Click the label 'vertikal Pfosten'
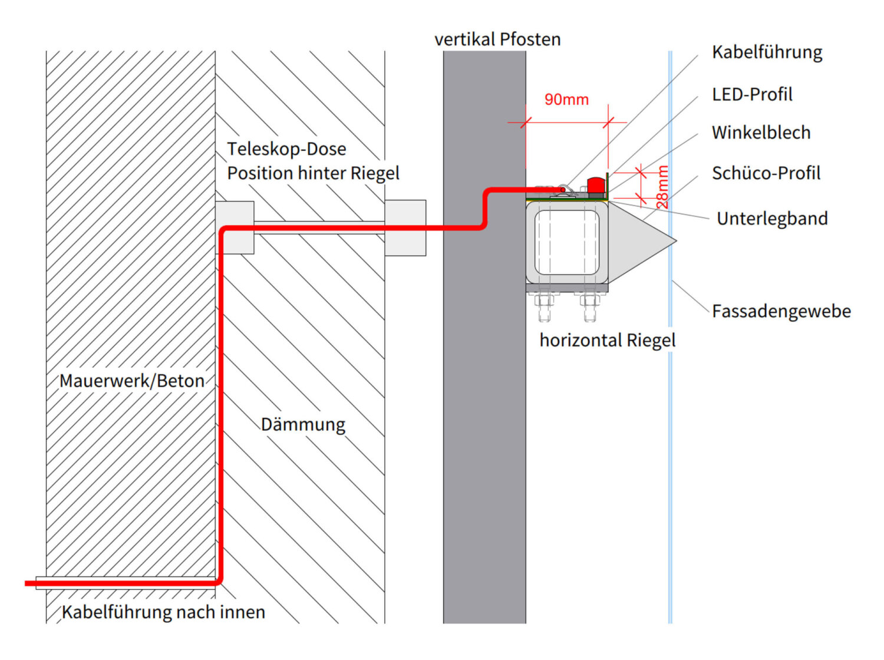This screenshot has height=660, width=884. coord(497,39)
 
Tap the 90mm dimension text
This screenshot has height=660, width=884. coord(566,100)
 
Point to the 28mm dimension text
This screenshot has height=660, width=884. coord(662,187)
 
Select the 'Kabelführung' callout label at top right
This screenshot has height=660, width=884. coord(767,52)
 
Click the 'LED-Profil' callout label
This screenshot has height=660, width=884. coord(752,94)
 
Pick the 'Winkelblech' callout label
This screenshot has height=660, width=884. coord(761,133)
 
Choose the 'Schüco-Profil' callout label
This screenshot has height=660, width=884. coord(766,173)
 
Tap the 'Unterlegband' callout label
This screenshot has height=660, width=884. coord(772,219)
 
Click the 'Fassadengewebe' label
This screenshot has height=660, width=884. coord(781,311)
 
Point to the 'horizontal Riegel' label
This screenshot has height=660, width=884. coord(607,341)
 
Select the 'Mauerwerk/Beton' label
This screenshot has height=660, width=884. coord(132,381)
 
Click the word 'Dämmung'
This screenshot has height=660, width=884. coord(303,425)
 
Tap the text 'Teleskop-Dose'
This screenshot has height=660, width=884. coord(286,149)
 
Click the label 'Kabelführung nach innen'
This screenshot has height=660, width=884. coord(163,612)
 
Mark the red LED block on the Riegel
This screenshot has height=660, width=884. coord(596,184)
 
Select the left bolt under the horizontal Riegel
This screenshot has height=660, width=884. coord(544,307)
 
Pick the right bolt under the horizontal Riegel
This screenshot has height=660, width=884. coord(589,307)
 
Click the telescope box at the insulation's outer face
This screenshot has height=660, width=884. coord(405,227)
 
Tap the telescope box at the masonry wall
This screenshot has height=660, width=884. coord(235,227)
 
